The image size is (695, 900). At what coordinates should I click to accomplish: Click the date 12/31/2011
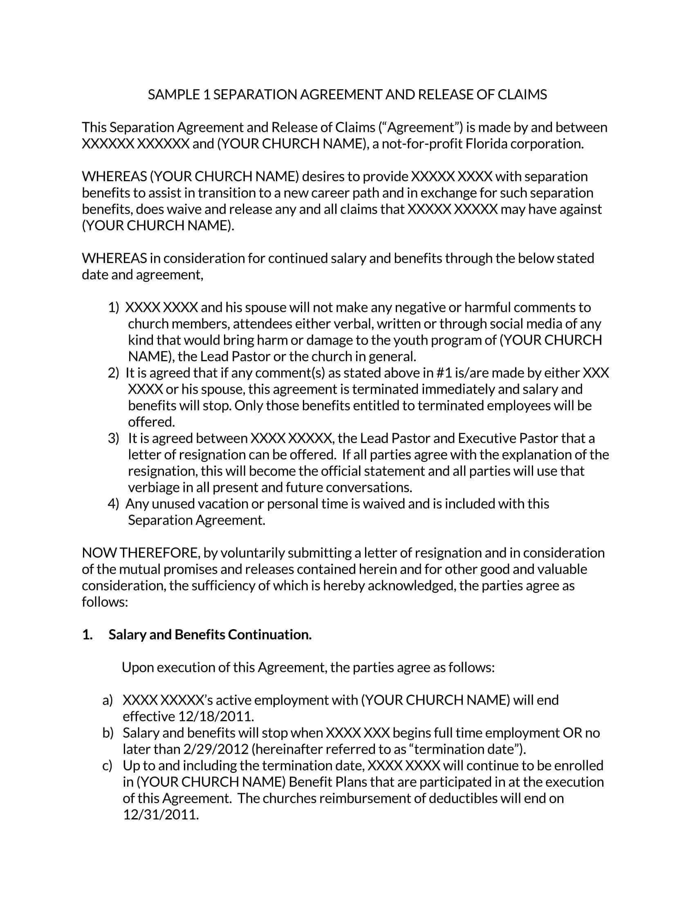pyautogui.click(x=161, y=814)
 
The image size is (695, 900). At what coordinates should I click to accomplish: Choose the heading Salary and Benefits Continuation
pyautogui.click(x=210, y=634)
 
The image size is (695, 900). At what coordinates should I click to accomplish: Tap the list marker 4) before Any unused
pyautogui.click(x=113, y=504)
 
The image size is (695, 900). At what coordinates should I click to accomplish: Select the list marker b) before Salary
pyautogui.click(x=108, y=733)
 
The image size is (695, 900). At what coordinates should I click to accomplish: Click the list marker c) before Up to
pyautogui.click(x=108, y=766)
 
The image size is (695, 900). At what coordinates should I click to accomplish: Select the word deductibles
pyautogui.click(x=463, y=798)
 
